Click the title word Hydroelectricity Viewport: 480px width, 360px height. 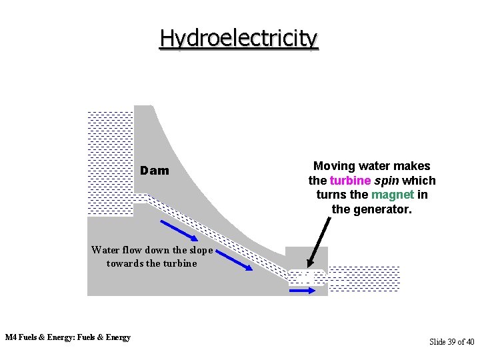239,38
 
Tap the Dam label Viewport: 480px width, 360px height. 155,171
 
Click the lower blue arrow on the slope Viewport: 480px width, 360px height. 234,260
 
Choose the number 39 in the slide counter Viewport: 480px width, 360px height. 453,341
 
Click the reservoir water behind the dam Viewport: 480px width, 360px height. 111,160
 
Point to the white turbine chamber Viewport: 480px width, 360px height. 306,277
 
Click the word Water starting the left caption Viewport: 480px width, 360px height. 105,251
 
